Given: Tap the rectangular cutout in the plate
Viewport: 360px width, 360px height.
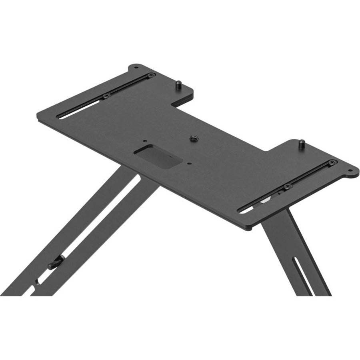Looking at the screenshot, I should point(158,156).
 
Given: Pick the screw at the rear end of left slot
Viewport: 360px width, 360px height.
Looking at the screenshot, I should point(151,75).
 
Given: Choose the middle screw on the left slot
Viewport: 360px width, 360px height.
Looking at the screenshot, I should point(106,96).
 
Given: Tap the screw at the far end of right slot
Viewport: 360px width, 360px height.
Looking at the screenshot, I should point(332,162).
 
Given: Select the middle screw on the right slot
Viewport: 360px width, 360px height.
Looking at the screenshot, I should point(287,186).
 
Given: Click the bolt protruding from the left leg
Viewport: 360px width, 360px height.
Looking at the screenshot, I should point(54,264).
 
